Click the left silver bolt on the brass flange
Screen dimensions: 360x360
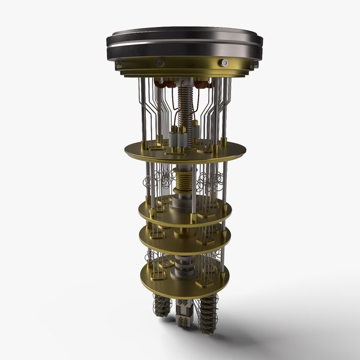pos(160,62)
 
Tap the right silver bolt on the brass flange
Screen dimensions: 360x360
pos(224,62)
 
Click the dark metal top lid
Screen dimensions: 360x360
pos(185,39)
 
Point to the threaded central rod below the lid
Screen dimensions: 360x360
pos(185,102)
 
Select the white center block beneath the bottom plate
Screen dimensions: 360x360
pos(185,312)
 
